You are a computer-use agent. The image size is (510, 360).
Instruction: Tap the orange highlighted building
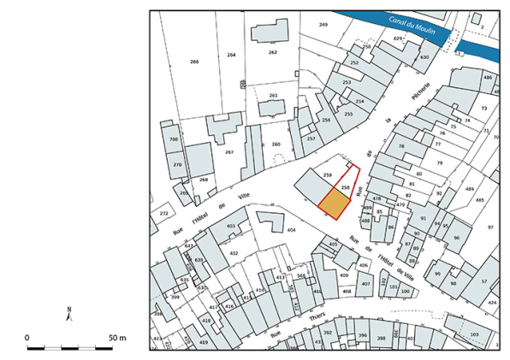(x=335, y=204)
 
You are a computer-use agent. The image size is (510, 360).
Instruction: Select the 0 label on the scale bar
(x=27, y=338)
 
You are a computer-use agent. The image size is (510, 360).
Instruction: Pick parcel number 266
(x=194, y=62)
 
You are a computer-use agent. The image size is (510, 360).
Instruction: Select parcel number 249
(x=323, y=25)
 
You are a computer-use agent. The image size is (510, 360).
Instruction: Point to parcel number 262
(x=272, y=52)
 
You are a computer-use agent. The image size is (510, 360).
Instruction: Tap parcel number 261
(x=273, y=95)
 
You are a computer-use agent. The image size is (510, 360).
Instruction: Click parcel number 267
(x=228, y=151)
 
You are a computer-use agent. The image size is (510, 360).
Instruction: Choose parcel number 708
(x=174, y=139)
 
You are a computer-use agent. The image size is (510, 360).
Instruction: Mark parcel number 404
(x=291, y=230)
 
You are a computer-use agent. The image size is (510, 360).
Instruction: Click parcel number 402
(x=234, y=253)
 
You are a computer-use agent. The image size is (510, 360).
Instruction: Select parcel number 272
(x=163, y=213)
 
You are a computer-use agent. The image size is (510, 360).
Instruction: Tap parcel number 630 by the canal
(x=424, y=57)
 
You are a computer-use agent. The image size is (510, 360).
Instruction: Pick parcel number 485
(x=479, y=200)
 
